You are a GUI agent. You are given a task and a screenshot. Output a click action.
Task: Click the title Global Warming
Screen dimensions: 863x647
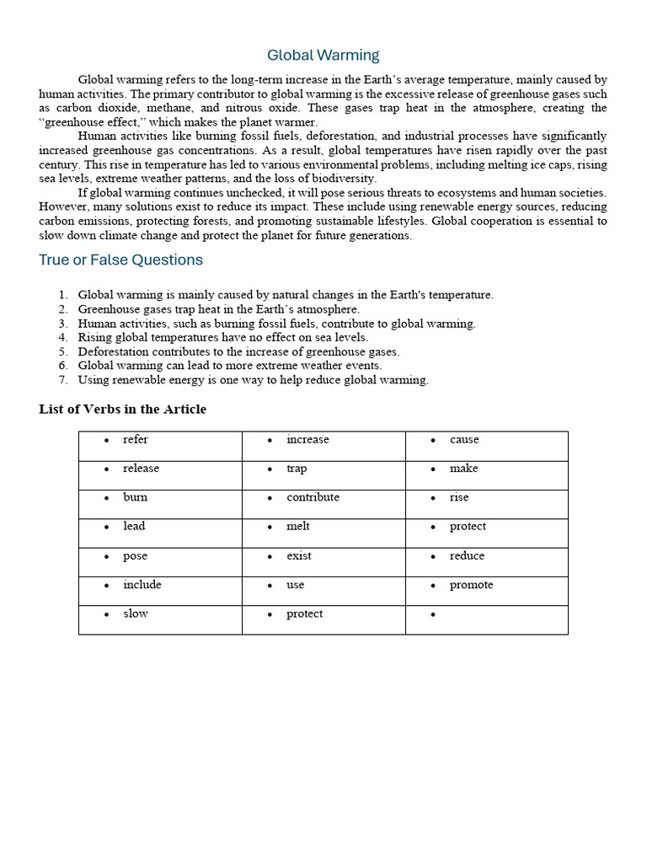tap(323, 56)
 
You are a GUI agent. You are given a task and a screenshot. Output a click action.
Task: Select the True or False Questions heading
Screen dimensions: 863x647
tap(120, 260)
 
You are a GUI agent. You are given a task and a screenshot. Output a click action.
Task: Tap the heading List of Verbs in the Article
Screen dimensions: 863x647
tap(122, 410)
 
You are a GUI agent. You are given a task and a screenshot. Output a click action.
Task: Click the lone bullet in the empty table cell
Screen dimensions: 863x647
tap(432, 615)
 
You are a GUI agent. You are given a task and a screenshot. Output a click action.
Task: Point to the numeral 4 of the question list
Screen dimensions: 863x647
tap(63, 337)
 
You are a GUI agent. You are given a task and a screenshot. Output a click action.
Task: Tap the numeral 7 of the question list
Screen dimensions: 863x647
tap(63, 380)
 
